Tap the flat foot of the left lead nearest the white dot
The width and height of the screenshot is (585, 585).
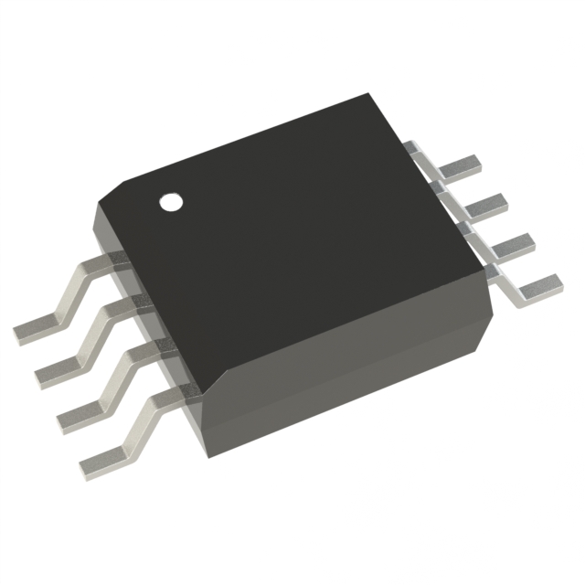[x=37, y=328]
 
